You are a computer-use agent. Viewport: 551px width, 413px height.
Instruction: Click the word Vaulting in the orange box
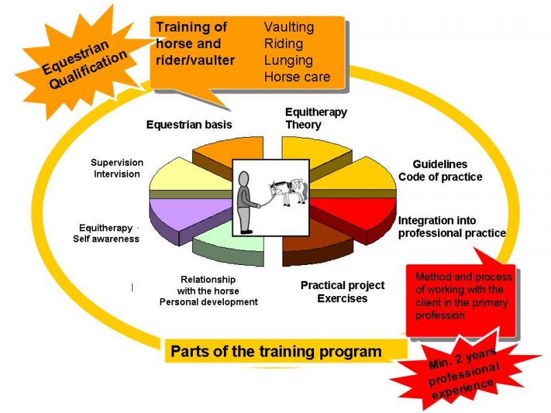tap(289, 28)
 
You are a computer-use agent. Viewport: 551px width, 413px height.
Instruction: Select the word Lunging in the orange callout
tap(288, 61)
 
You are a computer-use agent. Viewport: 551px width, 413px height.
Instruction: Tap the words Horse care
tap(297, 76)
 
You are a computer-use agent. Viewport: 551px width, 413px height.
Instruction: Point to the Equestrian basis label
tap(189, 125)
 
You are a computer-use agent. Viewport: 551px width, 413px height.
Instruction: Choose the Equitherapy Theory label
tap(316, 118)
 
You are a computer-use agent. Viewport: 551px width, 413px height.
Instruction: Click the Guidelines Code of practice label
tap(440, 170)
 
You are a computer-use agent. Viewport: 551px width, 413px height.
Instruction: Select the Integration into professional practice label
tap(452, 227)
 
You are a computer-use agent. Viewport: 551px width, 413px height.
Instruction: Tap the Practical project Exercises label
tap(342, 292)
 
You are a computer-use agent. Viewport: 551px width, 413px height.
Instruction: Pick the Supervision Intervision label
tap(117, 168)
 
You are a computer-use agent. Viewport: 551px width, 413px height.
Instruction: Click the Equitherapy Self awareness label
tap(106, 233)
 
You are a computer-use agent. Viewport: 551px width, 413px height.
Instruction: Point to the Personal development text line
tap(209, 302)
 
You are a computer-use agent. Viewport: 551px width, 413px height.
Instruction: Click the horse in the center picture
tap(289, 191)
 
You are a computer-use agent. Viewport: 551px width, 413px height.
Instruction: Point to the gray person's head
tap(244, 180)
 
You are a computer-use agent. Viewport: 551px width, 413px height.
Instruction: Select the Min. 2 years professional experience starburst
tap(464, 372)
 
